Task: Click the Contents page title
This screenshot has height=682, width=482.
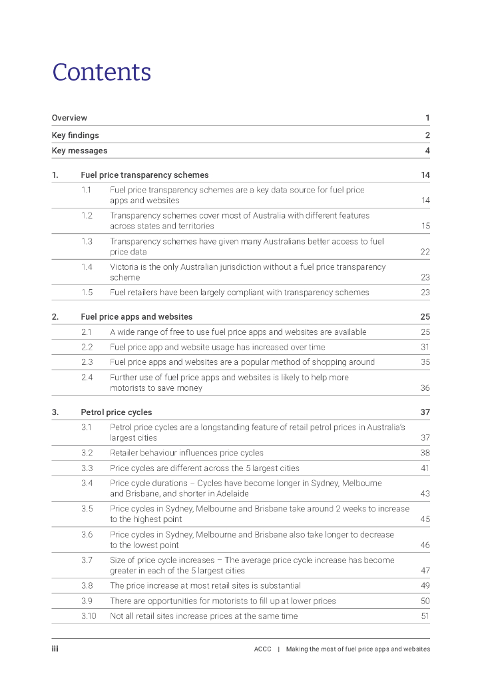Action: [102, 72]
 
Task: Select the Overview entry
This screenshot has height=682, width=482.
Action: [69, 118]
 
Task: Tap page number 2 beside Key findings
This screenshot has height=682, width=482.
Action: [427, 135]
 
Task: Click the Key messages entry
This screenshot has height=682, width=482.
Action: [79, 151]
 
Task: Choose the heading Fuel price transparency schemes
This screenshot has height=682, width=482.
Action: [144, 175]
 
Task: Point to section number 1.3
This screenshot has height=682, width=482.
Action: [87, 241]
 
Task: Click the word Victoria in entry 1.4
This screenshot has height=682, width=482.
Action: [124, 267]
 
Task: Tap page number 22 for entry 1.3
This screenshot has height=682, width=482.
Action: [425, 252]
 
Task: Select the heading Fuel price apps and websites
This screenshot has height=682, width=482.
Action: [136, 316]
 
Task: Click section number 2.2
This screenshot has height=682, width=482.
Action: [87, 347]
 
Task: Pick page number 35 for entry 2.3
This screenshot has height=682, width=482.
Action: [425, 362]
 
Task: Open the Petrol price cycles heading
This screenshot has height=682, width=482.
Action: [116, 412]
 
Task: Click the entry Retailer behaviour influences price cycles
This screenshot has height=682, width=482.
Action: [186, 453]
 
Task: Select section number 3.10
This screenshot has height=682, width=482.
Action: [89, 616]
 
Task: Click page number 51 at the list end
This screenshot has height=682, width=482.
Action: [425, 616]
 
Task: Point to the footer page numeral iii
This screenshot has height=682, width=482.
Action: [55, 649]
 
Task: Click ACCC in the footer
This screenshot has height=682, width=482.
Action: [262, 649]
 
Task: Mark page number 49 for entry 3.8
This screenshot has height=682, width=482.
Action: [425, 586]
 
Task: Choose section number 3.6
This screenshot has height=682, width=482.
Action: [87, 534]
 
